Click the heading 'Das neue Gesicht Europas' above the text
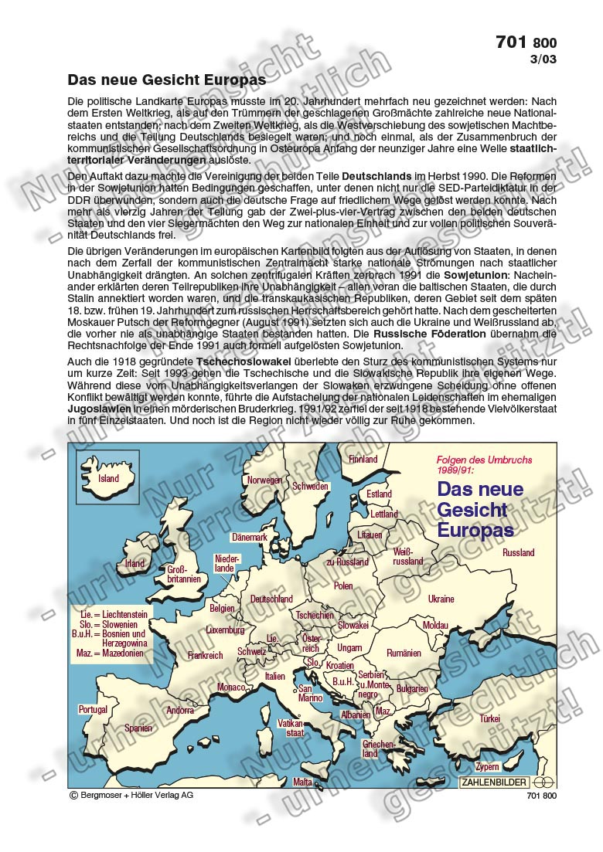click(167, 80)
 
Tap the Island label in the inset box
click(108, 479)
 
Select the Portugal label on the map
click(93, 709)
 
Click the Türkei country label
click(489, 718)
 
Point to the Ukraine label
click(441, 599)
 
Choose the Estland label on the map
click(379, 494)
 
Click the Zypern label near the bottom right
click(487, 767)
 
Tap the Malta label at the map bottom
click(303, 782)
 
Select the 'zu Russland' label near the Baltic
click(347, 562)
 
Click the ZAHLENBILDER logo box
click(495, 782)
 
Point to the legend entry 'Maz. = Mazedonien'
click(111, 653)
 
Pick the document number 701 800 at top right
click(526, 43)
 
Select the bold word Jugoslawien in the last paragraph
click(97, 408)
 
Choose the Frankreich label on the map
click(206, 655)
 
